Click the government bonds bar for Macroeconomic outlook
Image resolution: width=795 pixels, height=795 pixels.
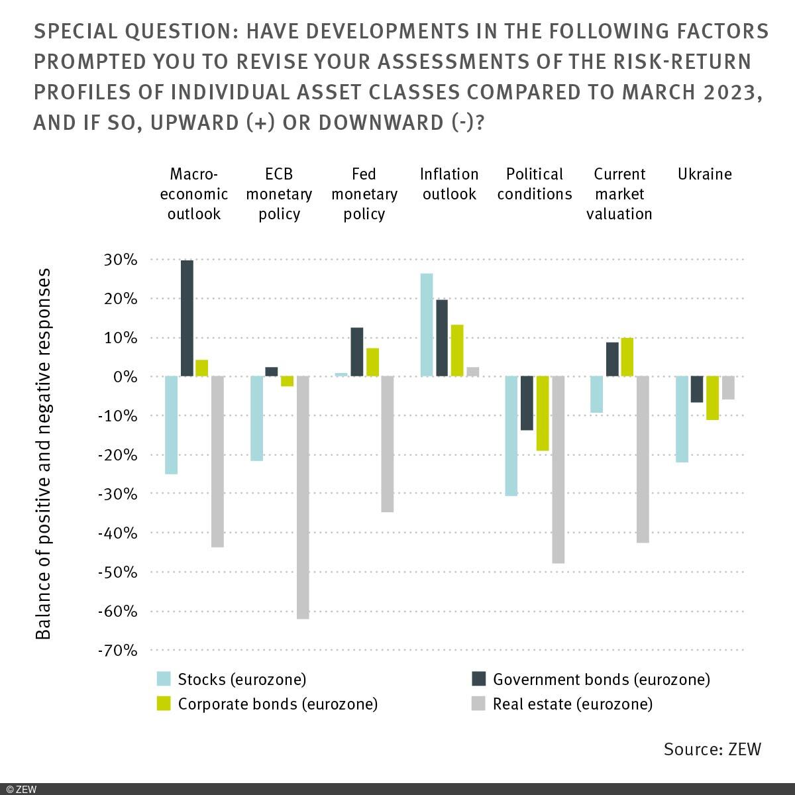(x=187, y=318)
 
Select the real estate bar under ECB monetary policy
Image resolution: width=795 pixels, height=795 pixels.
(x=303, y=497)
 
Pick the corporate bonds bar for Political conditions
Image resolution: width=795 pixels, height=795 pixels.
(x=543, y=413)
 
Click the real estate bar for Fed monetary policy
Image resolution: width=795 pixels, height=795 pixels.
(x=388, y=444)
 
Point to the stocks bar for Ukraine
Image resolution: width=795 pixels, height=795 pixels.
(x=682, y=419)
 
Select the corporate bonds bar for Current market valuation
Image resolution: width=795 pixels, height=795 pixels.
(x=627, y=357)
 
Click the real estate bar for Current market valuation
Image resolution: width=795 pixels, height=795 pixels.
(x=643, y=459)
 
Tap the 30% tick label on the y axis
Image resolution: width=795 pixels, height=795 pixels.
(x=120, y=260)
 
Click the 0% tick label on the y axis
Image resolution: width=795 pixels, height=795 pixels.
(x=125, y=377)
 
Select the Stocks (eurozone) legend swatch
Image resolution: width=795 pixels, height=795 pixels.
(x=164, y=679)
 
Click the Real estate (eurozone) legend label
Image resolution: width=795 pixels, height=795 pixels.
(x=572, y=704)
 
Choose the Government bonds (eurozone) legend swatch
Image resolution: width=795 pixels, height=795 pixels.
(x=478, y=679)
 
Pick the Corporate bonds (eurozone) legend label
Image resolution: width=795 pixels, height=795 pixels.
(x=278, y=704)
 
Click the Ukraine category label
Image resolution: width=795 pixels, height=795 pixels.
(x=704, y=174)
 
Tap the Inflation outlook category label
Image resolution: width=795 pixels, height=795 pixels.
(x=449, y=184)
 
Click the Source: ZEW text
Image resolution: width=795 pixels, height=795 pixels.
(x=712, y=749)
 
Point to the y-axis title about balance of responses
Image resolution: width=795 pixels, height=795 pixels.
(x=44, y=454)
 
